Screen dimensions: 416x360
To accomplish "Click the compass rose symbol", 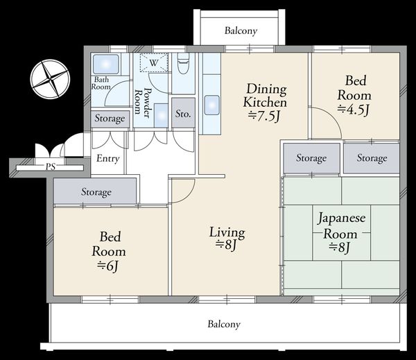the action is (50, 79).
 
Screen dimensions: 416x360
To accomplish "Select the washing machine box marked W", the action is (154, 62).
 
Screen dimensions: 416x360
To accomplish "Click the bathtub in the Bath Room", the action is (105, 65).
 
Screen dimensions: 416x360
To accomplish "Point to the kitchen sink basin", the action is (211, 105).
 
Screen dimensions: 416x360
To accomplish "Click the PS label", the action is (51, 166).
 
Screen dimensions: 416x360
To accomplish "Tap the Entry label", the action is (107, 158).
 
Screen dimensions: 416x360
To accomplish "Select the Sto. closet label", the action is (183, 114).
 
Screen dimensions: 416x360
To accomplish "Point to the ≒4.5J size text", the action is (354, 110).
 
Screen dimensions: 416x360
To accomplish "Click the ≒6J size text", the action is (107, 266).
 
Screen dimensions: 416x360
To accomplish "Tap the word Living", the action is (227, 232).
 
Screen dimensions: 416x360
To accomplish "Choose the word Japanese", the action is (342, 218).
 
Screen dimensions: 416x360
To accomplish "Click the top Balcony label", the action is (241, 31).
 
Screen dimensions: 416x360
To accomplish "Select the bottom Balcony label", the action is (224, 324).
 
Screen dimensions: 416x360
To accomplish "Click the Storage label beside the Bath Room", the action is (110, 119).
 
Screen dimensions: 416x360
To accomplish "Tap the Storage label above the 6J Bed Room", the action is (96, 192).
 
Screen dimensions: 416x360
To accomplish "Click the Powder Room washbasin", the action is (162, 115).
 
